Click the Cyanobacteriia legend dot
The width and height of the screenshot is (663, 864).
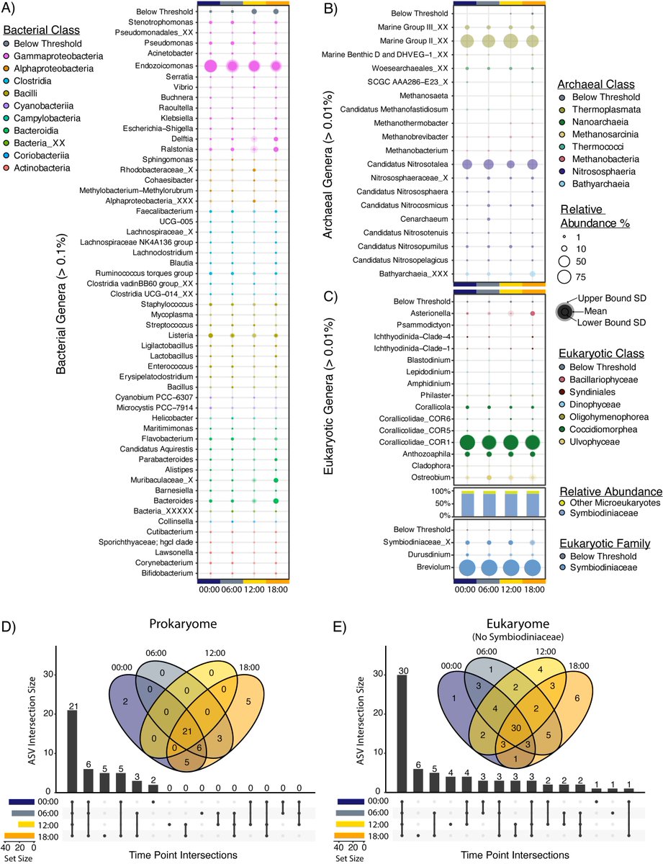pyautogui.click(x=6, y=104)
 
